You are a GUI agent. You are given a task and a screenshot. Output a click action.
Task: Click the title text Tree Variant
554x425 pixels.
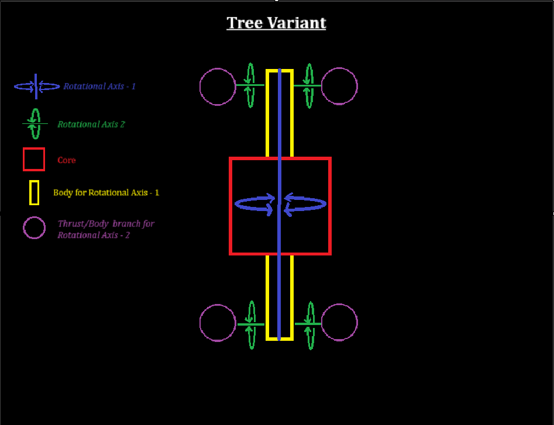[x=276, y=23]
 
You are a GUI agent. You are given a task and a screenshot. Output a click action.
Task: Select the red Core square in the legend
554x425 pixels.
[x=34, y=159]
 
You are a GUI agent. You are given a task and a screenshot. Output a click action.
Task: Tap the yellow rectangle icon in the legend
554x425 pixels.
[x=35, y=193]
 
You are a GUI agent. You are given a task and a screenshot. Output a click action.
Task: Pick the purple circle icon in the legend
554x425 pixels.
[x=35, y=227]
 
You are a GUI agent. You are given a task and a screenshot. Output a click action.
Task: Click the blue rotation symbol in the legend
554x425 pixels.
[x=36, y=87]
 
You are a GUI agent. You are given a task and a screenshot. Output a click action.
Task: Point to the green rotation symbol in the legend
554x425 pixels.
[x=35, y=123]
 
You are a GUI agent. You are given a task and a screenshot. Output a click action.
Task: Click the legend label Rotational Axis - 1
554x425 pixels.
[x=99, y=87]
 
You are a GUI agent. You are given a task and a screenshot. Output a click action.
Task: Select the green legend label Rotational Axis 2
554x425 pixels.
[x=91, y=124]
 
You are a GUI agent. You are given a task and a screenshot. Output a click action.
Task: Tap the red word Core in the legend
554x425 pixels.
[x=67, y=160]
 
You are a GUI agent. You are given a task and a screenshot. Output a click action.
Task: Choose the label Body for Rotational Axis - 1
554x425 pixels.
[x=106, y=192]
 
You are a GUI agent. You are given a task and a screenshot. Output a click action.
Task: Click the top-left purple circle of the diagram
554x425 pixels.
[x=218, y=87]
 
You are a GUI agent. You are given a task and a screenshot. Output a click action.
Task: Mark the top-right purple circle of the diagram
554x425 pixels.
[x=339, y=87]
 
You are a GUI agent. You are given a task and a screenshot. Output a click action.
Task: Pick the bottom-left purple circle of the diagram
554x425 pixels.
[x=218, y=323]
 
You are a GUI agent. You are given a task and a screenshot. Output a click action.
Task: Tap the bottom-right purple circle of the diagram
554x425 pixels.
[x=339, y=323]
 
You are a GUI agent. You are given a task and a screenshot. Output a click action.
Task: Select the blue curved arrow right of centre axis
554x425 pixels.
[x=305, y=203]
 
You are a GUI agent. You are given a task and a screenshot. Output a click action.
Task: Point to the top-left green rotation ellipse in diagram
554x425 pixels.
[x=250, y=85]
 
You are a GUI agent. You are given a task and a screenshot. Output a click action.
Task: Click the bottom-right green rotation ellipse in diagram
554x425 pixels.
[x=310, y=325]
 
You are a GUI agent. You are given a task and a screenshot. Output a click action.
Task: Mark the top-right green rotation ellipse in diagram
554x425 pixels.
[x=309, y=85]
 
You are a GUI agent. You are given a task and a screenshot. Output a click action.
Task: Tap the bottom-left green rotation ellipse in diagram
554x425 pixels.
[x=251, y=325]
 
